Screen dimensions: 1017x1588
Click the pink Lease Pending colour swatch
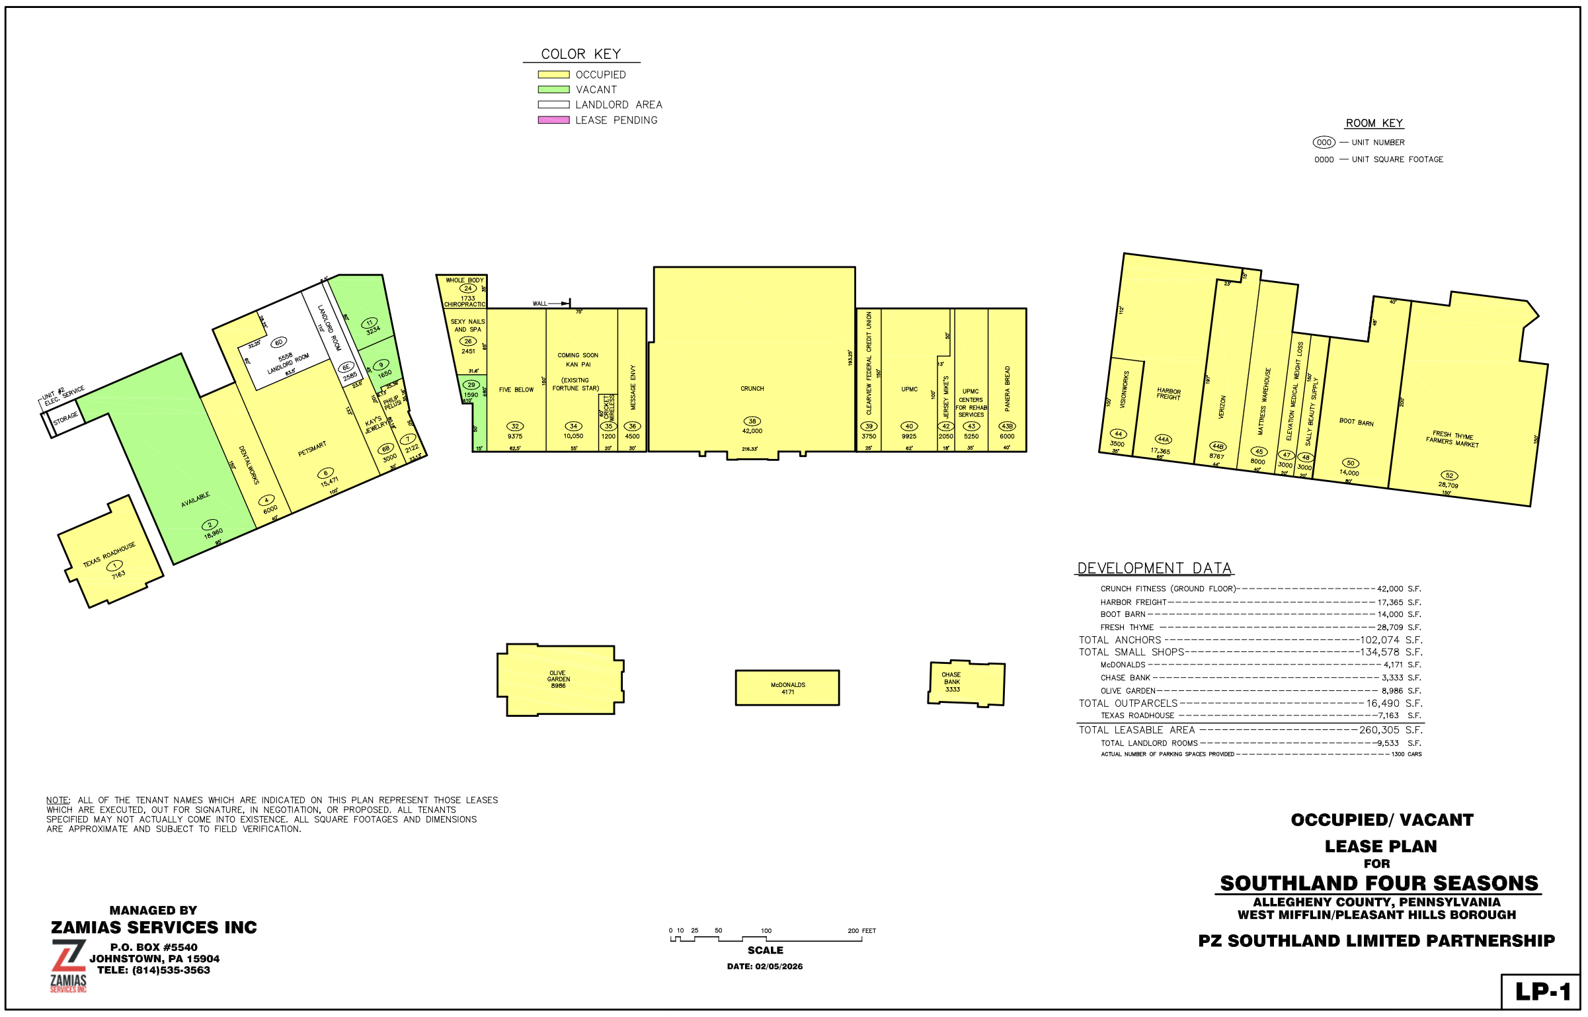click(553, 120)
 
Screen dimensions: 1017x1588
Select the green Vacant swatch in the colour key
click(553, 89)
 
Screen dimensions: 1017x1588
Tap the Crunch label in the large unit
click(752, 389)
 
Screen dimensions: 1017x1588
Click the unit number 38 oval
click(752, 421)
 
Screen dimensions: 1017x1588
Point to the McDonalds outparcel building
click(787, 688)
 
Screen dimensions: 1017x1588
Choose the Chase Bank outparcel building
click(965, 682)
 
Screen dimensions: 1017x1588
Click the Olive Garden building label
click(558, 679)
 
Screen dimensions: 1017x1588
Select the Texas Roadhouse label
click(109, 555)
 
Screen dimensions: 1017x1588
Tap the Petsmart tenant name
click(312, 449)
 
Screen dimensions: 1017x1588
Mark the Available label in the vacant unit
click(196, 500)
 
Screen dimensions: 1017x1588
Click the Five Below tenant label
click(516, 390)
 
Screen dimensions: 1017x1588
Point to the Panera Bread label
click(1008, 389)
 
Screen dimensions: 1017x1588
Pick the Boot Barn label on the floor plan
click(1356, 422)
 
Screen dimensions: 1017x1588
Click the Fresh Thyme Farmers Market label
click(1452, 439)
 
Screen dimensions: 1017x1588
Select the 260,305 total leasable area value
click(1378, 731)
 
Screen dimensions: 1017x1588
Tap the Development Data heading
click(1154, 569)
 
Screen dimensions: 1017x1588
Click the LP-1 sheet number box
click(1542, 992)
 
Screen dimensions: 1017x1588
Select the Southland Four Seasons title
click(1378, 883)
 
